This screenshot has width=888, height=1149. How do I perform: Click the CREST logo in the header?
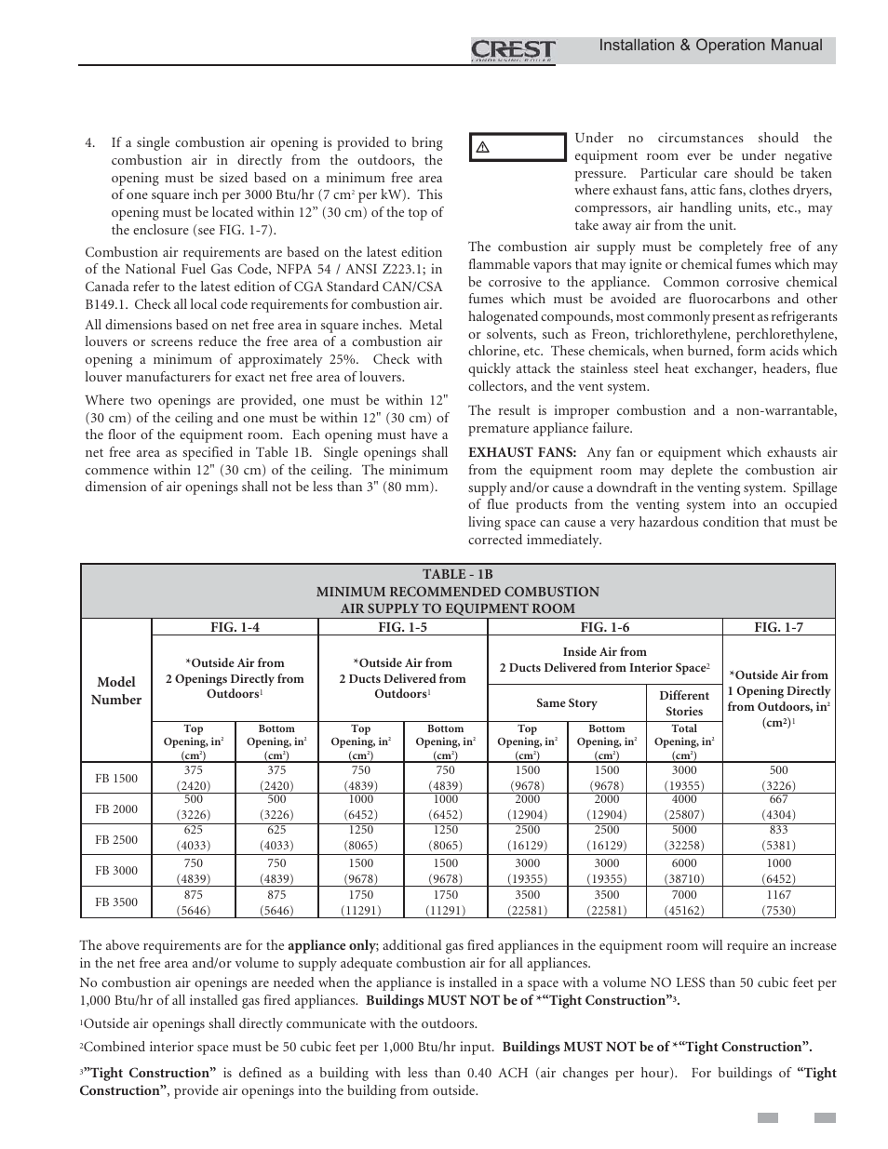click(x=513, y=49)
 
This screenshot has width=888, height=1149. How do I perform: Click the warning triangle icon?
click(x=483, y=148)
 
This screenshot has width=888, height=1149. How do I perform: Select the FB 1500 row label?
click(x=116, y=778)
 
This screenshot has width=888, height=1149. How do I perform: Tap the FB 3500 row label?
click(x=116, y=902)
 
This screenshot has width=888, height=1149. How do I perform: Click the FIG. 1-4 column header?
click(x=235, y=628)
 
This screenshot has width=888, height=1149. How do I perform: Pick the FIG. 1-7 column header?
click(x=778, y=628)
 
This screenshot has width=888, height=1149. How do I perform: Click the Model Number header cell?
click(x=116, y=691)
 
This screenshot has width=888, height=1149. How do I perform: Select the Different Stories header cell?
click(x=684, y=703)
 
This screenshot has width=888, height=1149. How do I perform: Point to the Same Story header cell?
click(x=567, y=703)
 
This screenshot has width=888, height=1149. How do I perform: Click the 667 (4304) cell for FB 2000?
click(x=778, y=807)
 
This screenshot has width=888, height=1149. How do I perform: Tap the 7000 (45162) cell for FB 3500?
click(x=684, y=902)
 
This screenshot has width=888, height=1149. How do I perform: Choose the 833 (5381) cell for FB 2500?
click(x=778, y=838)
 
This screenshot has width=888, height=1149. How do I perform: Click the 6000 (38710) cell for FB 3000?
click(x=684, y=871)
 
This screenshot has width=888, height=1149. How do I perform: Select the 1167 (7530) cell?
click(x=778, y=902)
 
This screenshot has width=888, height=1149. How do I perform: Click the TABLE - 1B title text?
click(x=457, y=575)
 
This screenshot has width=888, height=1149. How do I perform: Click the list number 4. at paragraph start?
click(x=90, y=143)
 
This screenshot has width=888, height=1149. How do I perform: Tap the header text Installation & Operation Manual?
click(x=710, y=46)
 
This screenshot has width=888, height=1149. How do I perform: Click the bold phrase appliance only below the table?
click(x=330, y=946)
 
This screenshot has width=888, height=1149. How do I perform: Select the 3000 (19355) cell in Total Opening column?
click(x=684, y=778)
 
